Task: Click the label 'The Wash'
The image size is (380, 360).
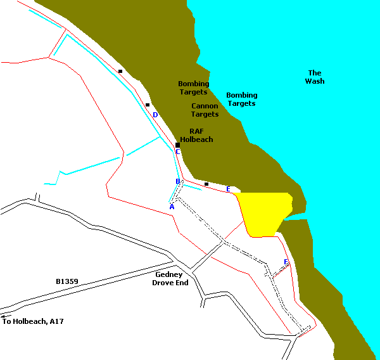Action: point(315,77)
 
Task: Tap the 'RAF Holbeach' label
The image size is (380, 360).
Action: point(196,135)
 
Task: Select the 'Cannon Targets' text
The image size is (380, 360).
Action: point(205,110)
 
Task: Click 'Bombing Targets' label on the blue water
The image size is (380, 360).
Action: point(242,100)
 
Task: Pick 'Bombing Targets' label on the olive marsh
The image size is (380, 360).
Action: point(193,87)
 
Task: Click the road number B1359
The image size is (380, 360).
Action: point(66,280)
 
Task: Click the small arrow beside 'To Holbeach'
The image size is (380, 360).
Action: point(5,316)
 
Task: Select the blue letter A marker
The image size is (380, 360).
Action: point(172,207)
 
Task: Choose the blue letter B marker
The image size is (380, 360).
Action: point(178,182)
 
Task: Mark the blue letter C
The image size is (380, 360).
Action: point(178,152)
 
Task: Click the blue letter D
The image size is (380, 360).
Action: point(155,115)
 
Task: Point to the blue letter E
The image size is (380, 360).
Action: point(228,189)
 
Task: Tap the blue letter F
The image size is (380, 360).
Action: point(286,262)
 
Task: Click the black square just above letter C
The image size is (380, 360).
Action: point(178,145)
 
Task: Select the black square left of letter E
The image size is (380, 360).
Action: point(206,184)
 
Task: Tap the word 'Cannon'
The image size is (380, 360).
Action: point(205,106)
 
